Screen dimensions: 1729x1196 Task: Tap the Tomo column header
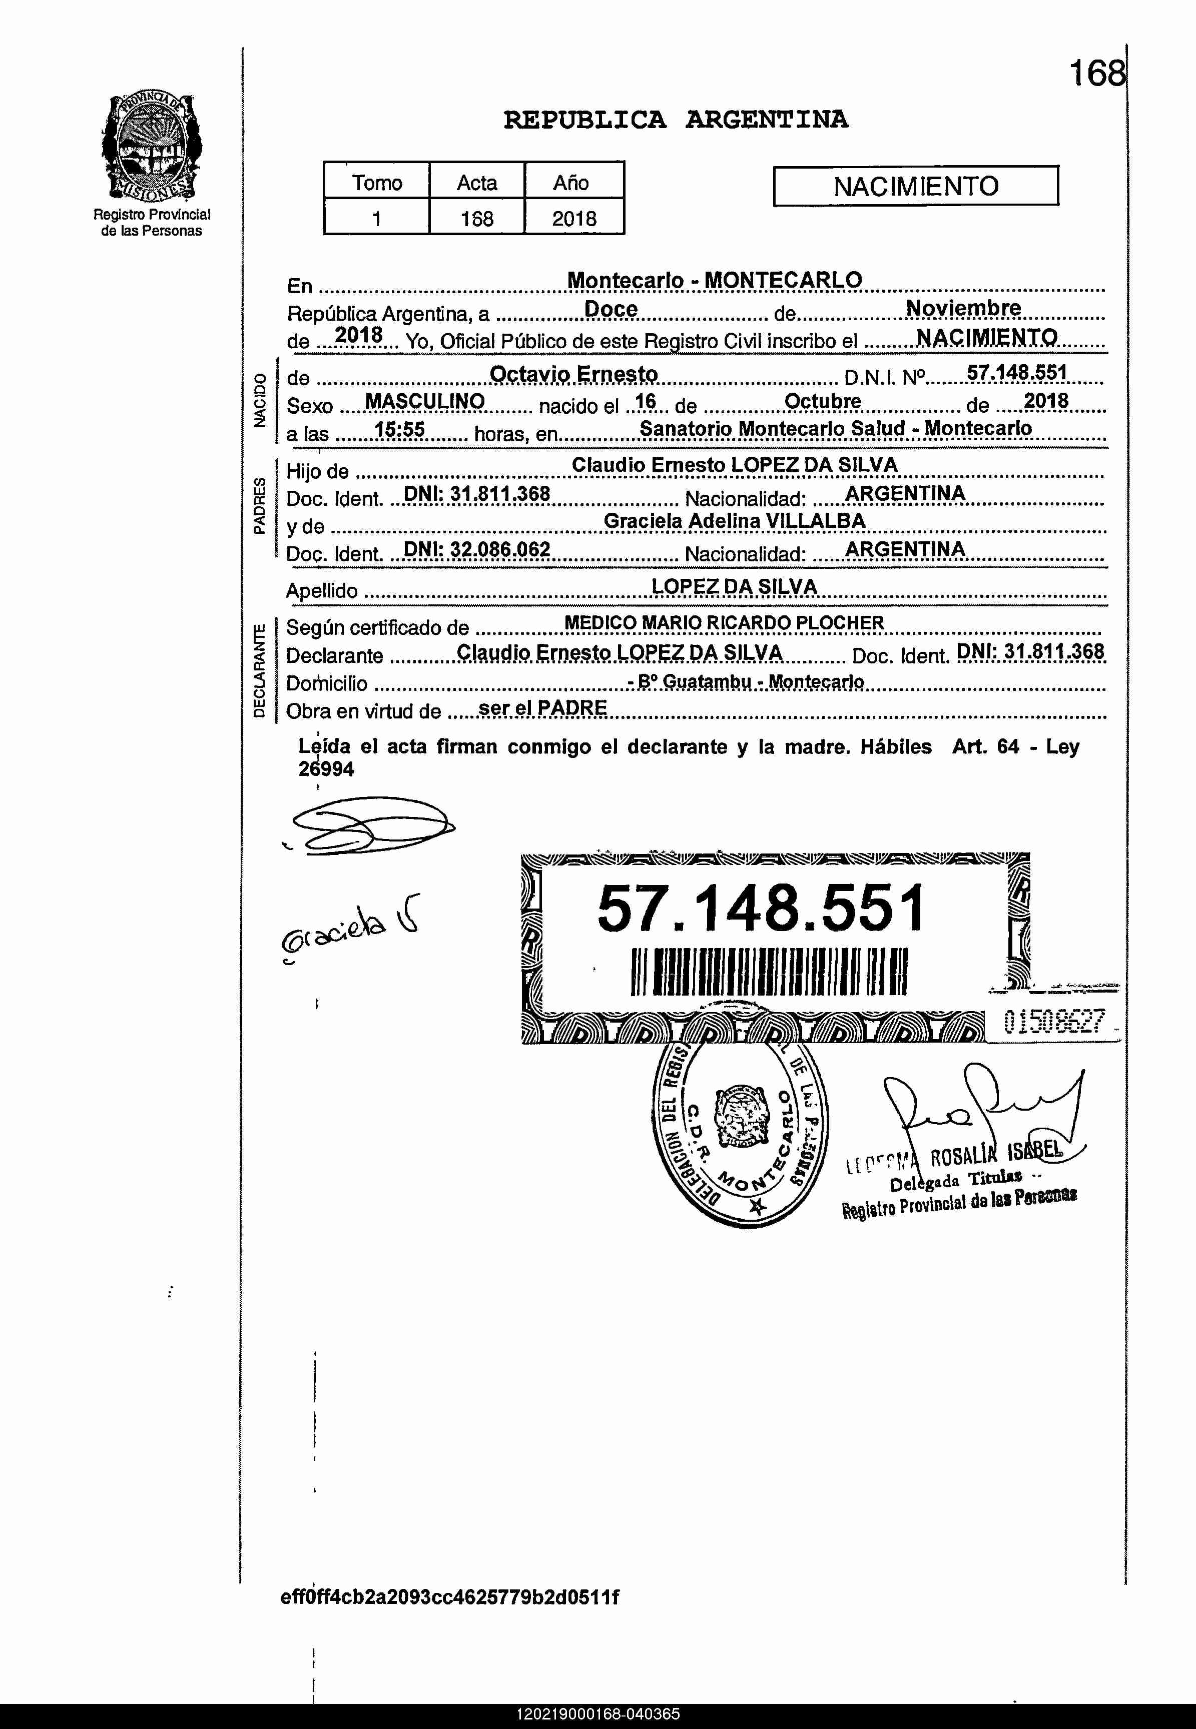[x=377, y=183]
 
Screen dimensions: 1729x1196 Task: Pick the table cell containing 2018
[x=574, y=219]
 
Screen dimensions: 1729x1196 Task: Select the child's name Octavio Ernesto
[x=573, y=374]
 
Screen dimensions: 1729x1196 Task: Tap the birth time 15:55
[x=399, y=429]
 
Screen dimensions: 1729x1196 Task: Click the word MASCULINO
[x=424, y=402]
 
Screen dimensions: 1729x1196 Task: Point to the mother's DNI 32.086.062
[x=476, y=550]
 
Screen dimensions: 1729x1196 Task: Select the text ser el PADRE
[x=542, y=708]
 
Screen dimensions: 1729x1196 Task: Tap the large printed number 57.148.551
[x=761, y=908]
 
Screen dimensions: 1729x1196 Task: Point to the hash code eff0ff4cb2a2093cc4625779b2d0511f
[x=449, y=1597]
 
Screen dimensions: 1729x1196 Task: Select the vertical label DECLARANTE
[x=259, y=670]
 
